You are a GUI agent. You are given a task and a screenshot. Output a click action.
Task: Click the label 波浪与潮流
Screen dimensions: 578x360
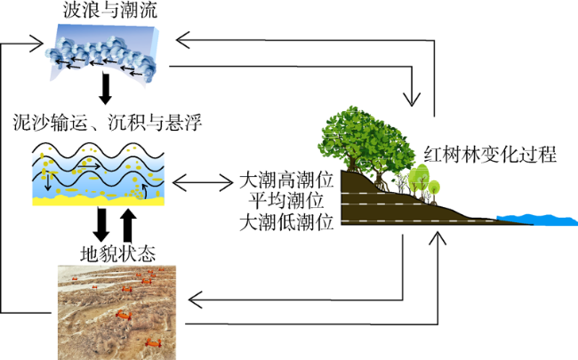110,10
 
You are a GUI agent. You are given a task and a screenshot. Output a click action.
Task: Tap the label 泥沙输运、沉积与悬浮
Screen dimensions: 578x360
108,123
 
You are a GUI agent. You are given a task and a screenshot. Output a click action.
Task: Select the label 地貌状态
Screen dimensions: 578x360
117,253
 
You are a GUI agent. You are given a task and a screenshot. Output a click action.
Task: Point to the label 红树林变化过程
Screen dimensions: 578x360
490,155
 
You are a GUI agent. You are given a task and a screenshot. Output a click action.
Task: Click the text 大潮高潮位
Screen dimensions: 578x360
286,180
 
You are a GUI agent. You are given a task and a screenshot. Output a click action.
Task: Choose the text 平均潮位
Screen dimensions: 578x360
286,201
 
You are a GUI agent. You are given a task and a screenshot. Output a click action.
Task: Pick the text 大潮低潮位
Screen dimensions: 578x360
286,222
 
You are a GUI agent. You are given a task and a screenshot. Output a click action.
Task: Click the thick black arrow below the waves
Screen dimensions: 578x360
106,89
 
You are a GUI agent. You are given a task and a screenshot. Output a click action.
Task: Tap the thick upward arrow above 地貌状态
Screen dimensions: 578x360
128,226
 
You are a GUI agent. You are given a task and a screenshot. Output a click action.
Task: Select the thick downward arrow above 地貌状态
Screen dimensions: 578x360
101,225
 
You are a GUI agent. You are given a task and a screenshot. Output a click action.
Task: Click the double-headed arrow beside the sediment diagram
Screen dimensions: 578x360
203,182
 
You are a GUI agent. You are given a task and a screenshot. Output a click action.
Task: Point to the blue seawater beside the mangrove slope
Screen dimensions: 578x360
539,220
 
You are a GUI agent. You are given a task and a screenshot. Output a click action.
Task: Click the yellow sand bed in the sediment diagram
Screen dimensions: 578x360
99,201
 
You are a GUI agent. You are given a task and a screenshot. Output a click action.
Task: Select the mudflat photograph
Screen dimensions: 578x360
116,313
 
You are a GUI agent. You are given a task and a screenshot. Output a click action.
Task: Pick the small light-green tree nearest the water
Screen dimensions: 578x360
434,188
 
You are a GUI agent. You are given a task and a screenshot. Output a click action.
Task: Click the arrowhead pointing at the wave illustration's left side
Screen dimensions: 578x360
36,44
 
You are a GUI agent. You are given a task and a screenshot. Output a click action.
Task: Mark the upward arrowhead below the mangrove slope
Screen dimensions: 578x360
438,238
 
